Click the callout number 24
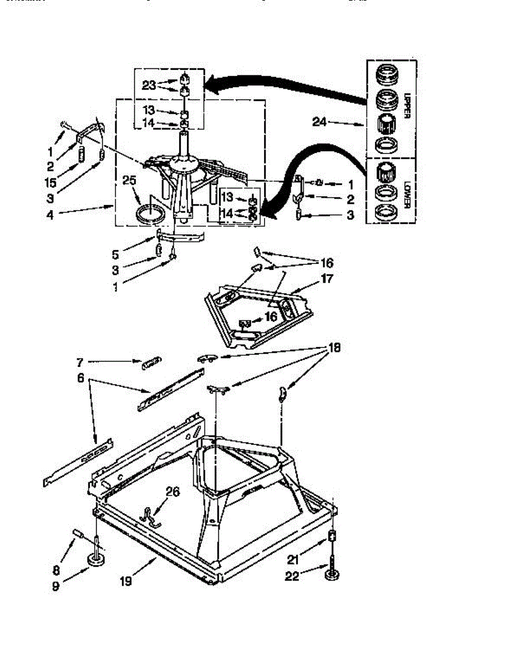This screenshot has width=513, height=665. (x=319, y=122)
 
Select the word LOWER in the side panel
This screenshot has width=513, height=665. (x=406, y=193)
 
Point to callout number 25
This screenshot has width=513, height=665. (x=129, y=180)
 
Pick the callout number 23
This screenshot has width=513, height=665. (x=149, y=85)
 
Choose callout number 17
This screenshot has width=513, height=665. (x=327, y=279)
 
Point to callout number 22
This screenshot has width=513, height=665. (x=292, y=576)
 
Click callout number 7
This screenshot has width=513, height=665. (x=80, y=362)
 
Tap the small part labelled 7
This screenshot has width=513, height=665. (x=151, y=363)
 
